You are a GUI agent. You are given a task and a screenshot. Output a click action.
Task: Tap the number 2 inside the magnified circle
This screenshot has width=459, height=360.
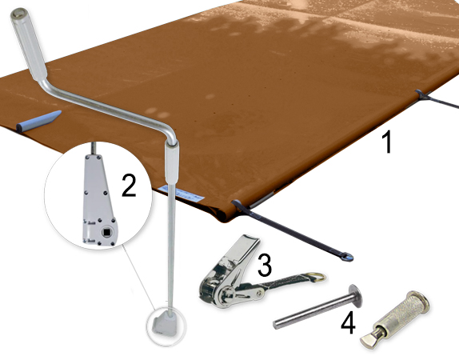[x=128, y=185]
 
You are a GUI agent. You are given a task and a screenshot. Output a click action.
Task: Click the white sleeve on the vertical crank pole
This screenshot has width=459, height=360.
[x=172, y=163]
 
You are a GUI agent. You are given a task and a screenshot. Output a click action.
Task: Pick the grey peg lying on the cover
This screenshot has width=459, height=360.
[x=39, y=125]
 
